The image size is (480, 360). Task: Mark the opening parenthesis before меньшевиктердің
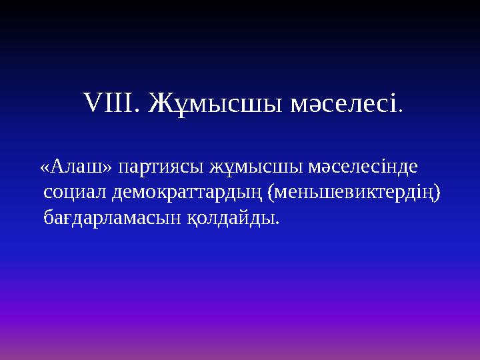point(270,193)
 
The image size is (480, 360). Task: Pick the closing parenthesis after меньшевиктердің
point(437,193)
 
